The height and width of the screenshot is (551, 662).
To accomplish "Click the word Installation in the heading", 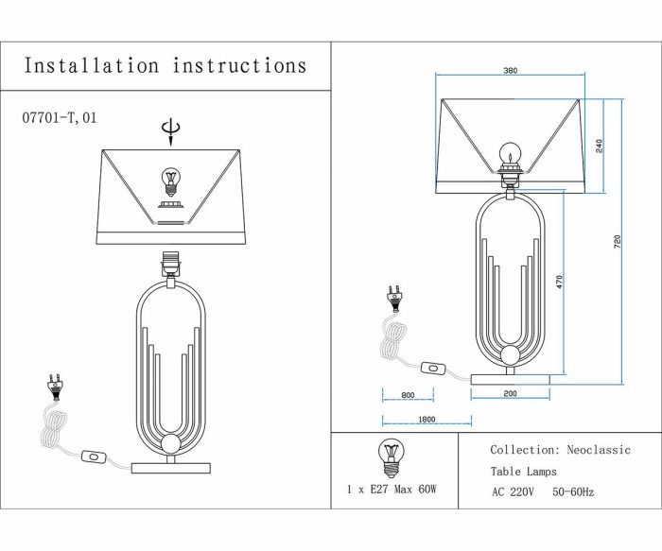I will [92, 66].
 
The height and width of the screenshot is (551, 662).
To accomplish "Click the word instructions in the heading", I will [239, 66].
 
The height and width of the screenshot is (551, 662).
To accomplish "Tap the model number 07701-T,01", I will [59, 119].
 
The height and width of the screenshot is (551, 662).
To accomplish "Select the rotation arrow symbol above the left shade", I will [170, 130].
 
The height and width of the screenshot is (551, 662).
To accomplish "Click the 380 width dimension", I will [510, 71].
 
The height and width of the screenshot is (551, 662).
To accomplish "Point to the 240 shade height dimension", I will [600, 146].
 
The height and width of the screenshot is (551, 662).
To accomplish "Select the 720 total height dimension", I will [618, 241].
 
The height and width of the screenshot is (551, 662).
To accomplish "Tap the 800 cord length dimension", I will [408, 395].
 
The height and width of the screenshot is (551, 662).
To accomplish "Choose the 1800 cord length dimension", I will [426, 421].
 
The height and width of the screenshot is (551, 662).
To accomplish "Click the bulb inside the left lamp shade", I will [171, 180].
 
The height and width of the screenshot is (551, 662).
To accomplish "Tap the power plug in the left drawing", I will [54, 385].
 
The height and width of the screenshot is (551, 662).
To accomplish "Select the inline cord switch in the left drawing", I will [95, 456].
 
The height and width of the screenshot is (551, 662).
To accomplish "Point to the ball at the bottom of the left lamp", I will [171, 445].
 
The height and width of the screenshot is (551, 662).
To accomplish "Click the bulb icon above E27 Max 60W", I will [390, 456].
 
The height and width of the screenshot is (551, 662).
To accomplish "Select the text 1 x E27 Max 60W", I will [391, 490].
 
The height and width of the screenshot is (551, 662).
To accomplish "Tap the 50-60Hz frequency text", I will [573, 491].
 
